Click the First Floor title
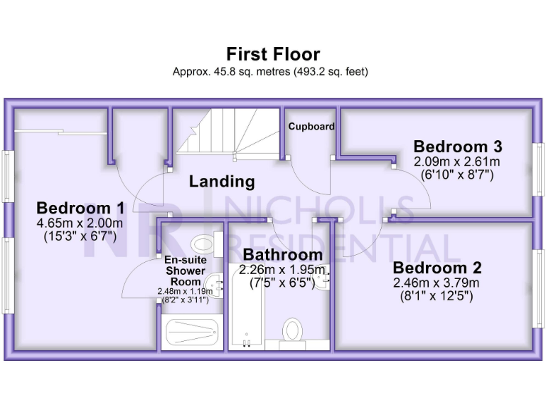tap(273, 54)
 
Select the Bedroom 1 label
tap(80, 209)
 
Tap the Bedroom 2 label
tap(437, 268)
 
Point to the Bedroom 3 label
tap(458, 147)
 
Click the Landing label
tap(222, 182)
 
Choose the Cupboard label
tap(311, 127)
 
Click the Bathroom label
tap(282, 255)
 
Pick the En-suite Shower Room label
tap(185, 270)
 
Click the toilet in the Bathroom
tap(292, 331)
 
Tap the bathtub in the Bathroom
tap(246, 306)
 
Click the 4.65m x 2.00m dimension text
tap(80, 223)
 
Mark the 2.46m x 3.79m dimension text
tap(437, 283)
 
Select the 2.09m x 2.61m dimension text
tap(458, 162)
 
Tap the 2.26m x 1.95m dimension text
tap(282, 270)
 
